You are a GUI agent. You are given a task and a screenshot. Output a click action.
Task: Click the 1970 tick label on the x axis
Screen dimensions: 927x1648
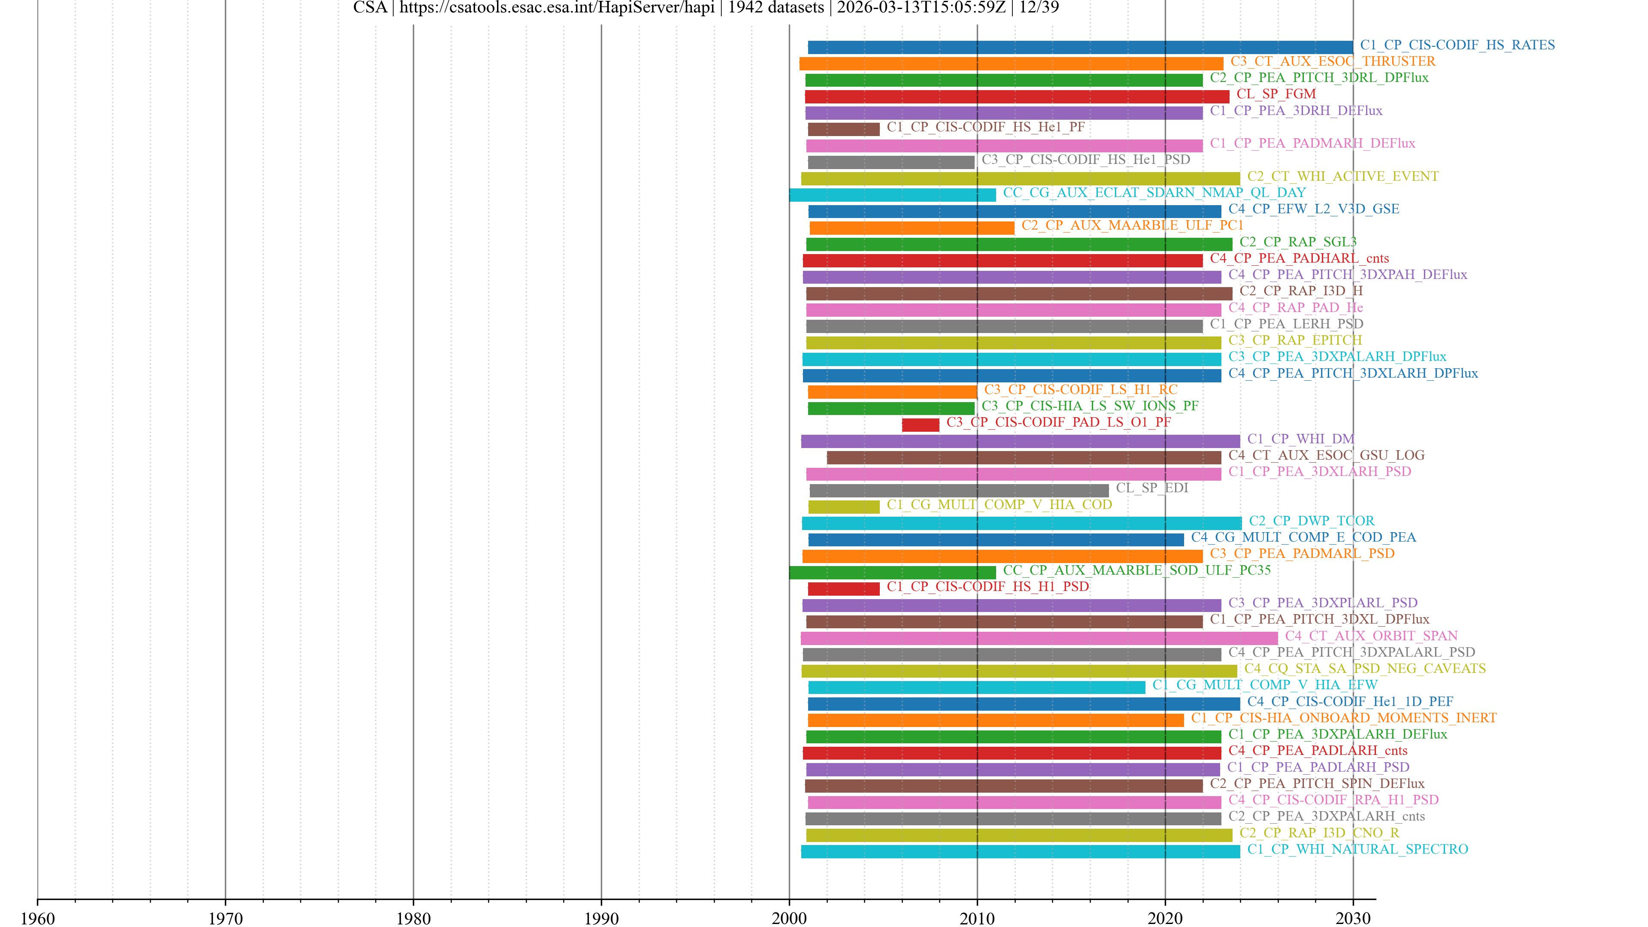[x=225, y=918]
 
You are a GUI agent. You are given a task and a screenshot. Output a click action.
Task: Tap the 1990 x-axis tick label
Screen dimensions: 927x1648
[x=601, y=918]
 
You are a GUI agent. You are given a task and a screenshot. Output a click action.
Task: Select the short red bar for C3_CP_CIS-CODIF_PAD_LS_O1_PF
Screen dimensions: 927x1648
[x=920, y=425]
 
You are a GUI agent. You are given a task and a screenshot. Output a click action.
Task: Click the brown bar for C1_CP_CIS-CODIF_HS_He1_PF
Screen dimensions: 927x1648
[x=843, y=129]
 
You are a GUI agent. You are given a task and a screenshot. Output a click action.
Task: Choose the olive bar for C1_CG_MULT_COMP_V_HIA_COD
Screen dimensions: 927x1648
[x=843, y=507]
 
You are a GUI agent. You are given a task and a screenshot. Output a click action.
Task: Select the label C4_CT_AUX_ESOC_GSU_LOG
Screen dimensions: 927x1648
[x=1326, y=455]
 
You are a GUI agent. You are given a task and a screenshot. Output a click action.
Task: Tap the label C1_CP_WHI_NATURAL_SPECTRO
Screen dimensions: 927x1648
[x=1357, y=849]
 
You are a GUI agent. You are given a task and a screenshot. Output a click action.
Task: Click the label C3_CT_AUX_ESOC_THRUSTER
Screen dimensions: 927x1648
[x=1332, y=61]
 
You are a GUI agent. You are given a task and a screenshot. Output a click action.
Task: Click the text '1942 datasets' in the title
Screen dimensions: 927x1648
[x=776, y=8]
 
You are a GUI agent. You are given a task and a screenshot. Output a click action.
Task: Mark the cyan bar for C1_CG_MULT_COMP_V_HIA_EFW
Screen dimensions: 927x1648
[x=976, y=687]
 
